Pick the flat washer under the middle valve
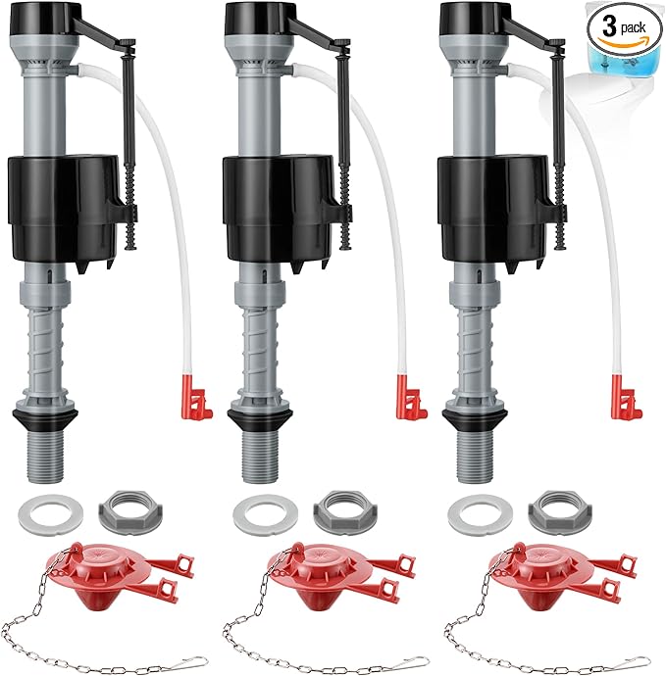coord(257,510)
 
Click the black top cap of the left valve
coord(54,18)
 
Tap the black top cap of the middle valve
coord(268,18)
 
